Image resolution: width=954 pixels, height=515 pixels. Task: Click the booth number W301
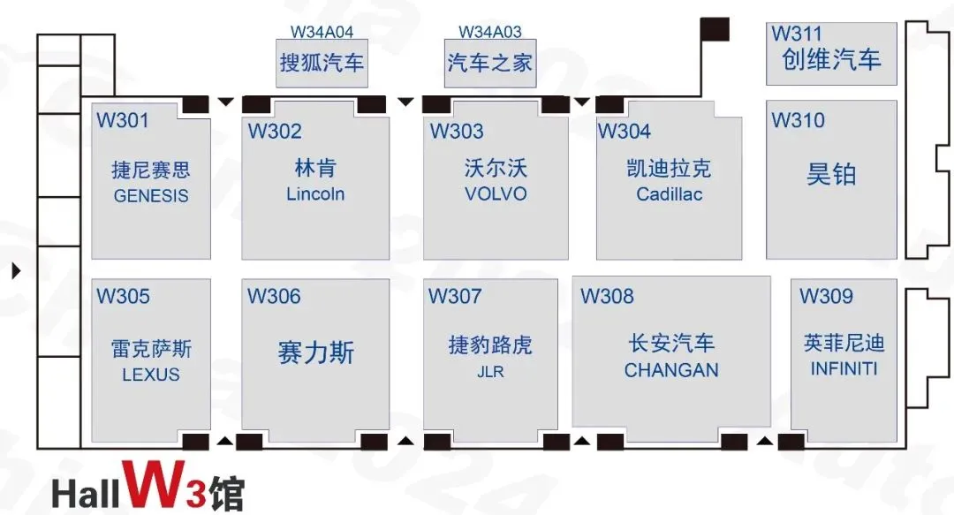click(122, 120)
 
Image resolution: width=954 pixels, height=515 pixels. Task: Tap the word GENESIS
click(151, 196)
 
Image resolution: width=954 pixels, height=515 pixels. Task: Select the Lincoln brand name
click(315, 194)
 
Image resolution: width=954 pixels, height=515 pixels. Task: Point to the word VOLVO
click(496, 194)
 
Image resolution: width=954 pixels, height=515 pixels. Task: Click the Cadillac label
click(669, 194)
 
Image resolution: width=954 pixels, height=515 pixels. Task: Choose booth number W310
click(798, 120)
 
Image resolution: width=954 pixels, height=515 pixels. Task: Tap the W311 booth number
click(796, 33)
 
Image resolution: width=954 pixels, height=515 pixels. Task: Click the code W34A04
click(322, 32)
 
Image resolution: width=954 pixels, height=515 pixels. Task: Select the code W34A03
click(489, 32)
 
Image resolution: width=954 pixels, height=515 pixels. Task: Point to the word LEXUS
click(151, 375)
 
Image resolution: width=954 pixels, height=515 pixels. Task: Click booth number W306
click(274, 296)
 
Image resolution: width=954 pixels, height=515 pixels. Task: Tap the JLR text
click(490, 371)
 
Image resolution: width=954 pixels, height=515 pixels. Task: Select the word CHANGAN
click(671, 370)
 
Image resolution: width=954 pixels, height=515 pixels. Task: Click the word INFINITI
click(844, 369)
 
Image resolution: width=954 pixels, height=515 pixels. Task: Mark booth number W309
click(826, 296)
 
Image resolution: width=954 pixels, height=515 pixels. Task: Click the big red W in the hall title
click(155, 484)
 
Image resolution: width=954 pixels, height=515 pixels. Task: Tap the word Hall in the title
click(85, 493)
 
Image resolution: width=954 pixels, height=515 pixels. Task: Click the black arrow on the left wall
click(17, 270)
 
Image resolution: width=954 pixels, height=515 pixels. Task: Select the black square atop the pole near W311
click(715, 29)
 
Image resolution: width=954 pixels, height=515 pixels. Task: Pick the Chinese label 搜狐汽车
click(322, 63)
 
